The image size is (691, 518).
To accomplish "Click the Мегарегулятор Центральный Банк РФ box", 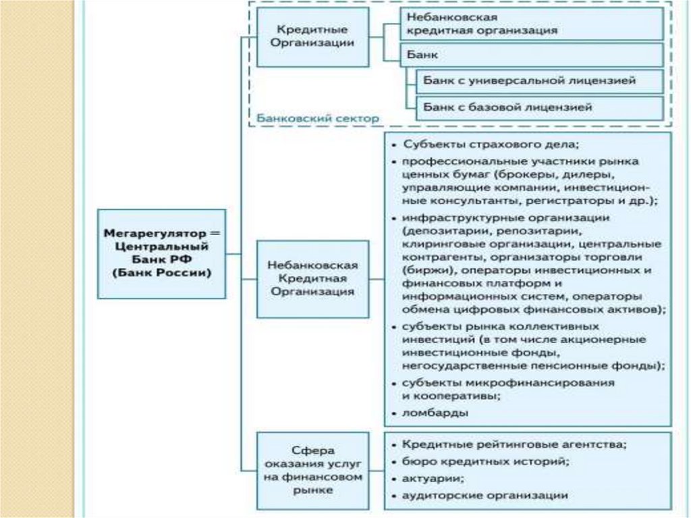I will coord(162,253).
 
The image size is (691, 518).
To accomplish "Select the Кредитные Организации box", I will coord(312,36).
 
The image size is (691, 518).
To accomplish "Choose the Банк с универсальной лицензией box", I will coord(538,80).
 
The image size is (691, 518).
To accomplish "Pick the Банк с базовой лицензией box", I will coord(538,107).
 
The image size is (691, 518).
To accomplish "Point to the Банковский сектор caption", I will coord(317,118).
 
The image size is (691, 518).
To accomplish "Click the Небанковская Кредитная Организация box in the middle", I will coord(312,278).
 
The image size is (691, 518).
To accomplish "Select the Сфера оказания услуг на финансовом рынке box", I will coord(312,470).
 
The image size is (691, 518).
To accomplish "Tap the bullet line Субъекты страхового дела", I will coord(491,145).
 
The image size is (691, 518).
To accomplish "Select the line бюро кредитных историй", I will coord(485,461).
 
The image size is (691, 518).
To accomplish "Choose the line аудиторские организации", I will coord(485,495).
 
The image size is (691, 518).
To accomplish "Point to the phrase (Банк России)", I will coord(162,273).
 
